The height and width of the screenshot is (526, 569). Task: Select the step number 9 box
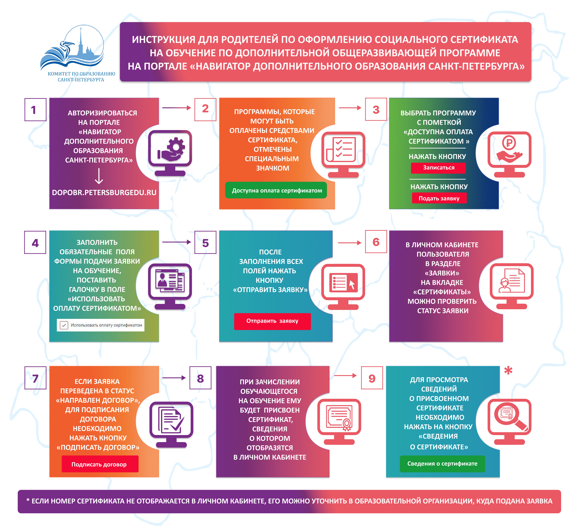point(372,378)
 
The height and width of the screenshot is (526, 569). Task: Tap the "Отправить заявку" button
point(272,321)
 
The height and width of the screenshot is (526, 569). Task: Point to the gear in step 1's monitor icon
point(176,147)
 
